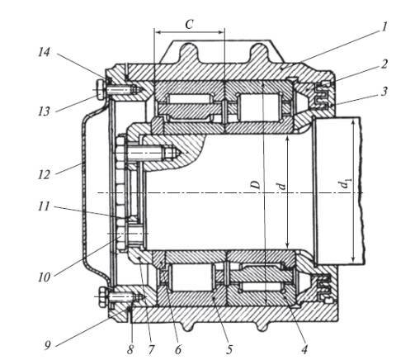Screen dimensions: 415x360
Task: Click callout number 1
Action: point(384,27)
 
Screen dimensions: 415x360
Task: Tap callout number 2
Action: point(384,64)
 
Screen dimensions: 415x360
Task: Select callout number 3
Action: point(384,91)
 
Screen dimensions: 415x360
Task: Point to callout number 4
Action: point(304,349)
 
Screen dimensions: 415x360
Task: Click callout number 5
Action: point(229,349)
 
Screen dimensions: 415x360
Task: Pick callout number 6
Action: point(178,349)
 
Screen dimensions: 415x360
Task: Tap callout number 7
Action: point(151,349)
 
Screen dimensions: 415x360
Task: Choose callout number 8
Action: point(130,349)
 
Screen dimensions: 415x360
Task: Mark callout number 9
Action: point(48,345)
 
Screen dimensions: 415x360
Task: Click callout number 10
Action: point(44,277)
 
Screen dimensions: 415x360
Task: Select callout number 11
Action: point(44,206)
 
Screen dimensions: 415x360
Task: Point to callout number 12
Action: point(44,174)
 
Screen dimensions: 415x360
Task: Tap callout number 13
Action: point(44,111)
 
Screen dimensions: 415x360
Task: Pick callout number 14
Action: point(44,52)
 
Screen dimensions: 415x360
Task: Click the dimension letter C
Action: point(189,25)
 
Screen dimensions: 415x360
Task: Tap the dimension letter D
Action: point(256,185)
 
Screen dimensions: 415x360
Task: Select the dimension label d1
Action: point(345,184)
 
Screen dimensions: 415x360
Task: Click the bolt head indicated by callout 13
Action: point(101,89)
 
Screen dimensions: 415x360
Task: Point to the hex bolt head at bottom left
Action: point(102,296)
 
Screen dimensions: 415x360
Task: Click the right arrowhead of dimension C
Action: point(221,32)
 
